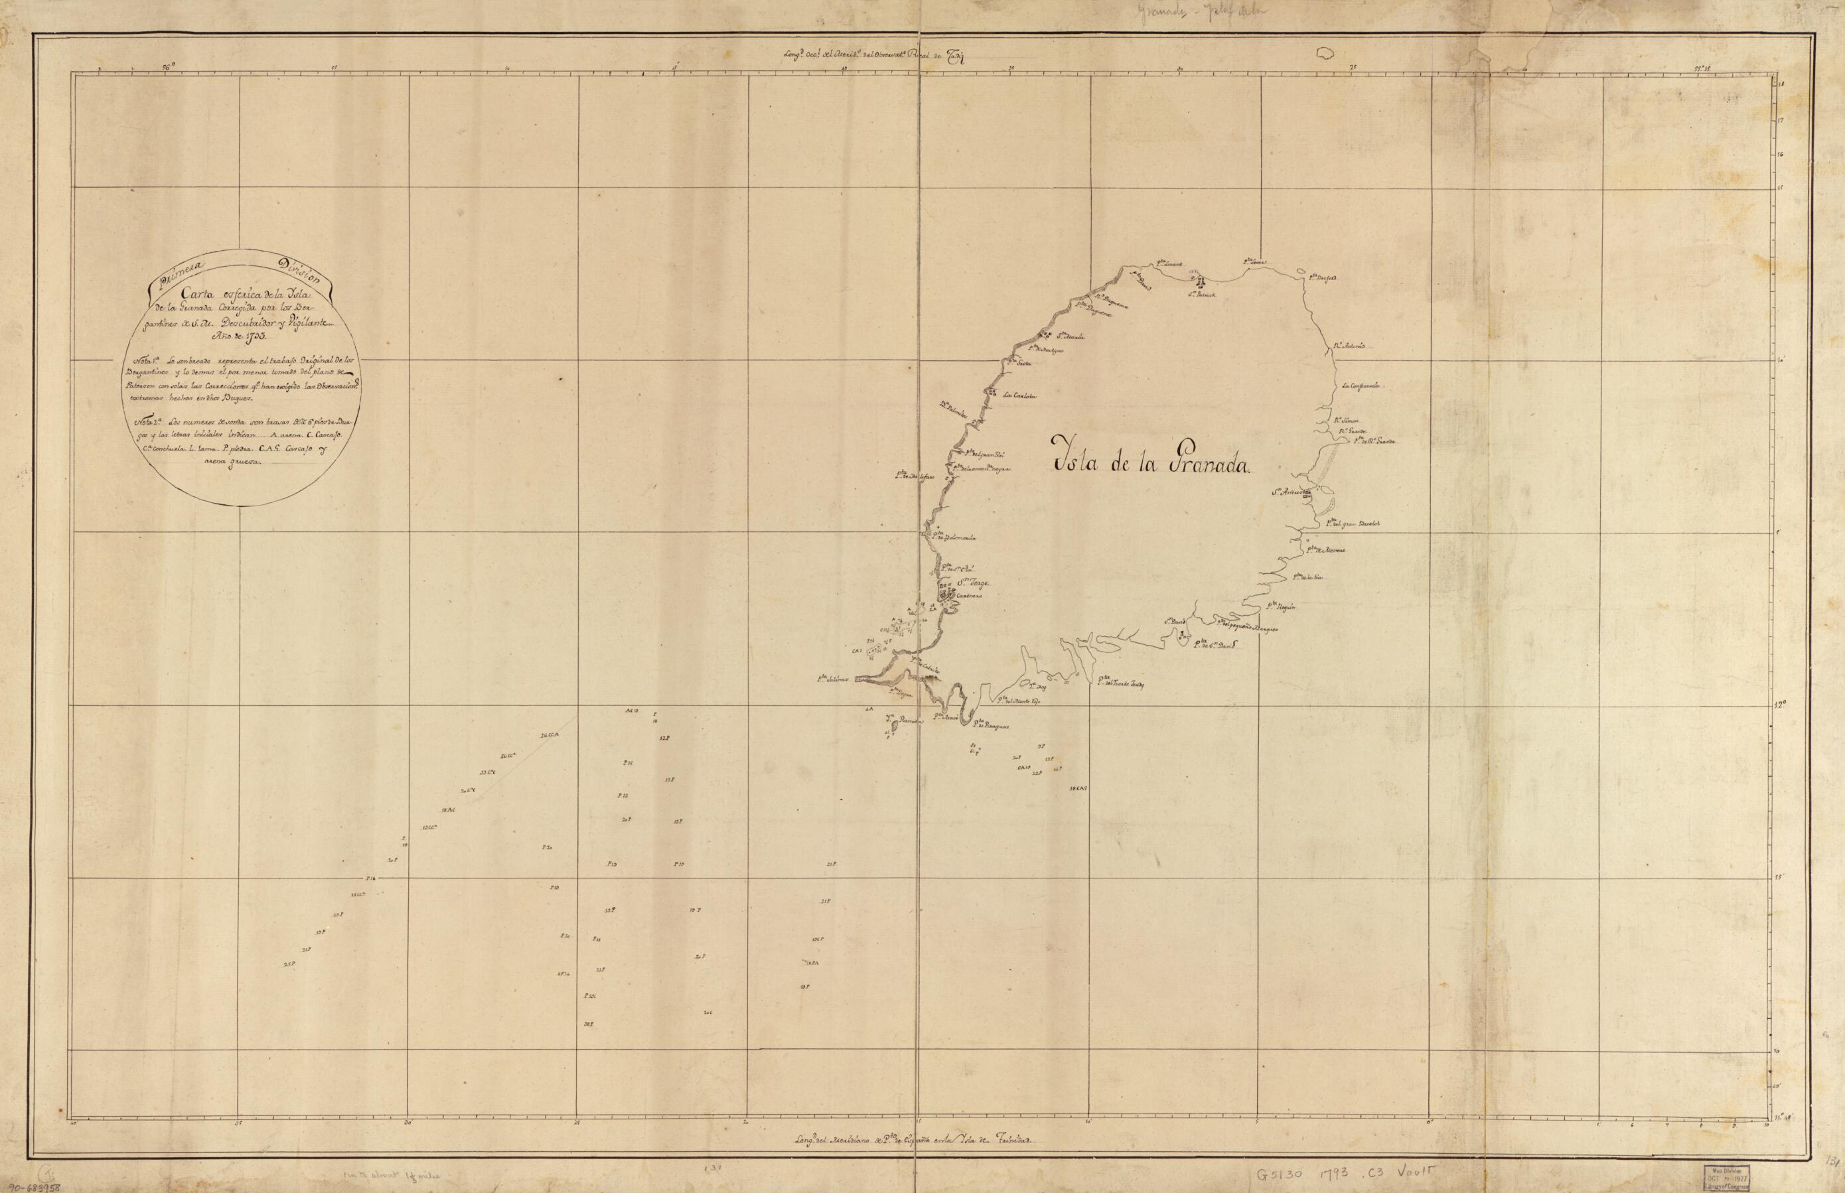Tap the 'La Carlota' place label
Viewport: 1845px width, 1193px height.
pos(1018,396)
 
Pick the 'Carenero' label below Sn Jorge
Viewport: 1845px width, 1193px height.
pos(968,596)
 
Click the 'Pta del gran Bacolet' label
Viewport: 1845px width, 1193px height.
pos(1352,524)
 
